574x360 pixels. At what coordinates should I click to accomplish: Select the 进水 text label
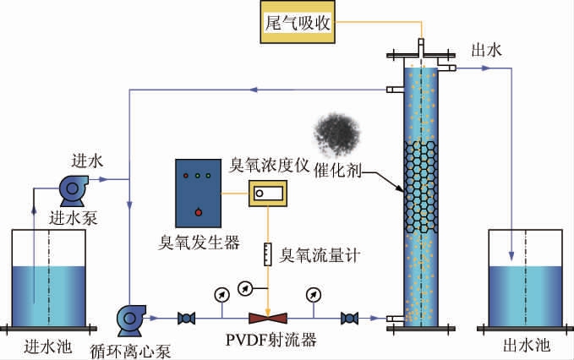coord(87,161)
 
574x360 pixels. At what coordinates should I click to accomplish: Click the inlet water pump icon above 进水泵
coord(69,189)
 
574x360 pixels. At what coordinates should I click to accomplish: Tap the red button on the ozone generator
coord(198,210)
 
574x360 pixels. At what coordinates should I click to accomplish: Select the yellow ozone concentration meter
coord(268,194)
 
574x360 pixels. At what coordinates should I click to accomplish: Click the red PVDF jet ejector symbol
coord(267,319)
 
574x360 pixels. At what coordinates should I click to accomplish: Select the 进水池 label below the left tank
coord(45,346)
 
